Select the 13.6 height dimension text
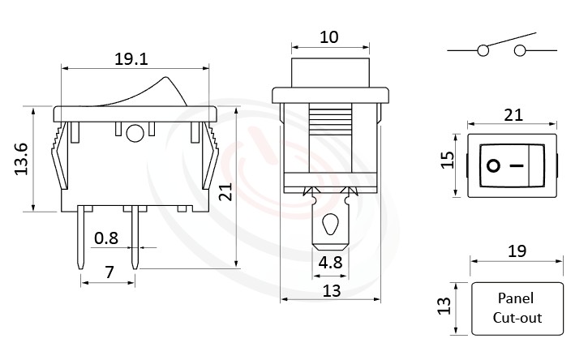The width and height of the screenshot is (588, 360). click(22, 159)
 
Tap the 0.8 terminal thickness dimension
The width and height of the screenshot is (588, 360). click(106, 238)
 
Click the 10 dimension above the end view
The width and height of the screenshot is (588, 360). click(330, 36)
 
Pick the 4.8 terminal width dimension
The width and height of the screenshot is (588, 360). click(330, 262)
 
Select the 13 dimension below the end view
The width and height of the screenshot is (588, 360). click(330, 290)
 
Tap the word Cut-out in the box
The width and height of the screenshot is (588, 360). click(517, 318)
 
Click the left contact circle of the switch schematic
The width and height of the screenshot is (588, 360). click(483, 51)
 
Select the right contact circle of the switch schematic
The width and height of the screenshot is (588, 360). click(519, 51)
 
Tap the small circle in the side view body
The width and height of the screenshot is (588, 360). click(135, 133)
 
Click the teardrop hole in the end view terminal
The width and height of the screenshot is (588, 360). click(329, 225)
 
